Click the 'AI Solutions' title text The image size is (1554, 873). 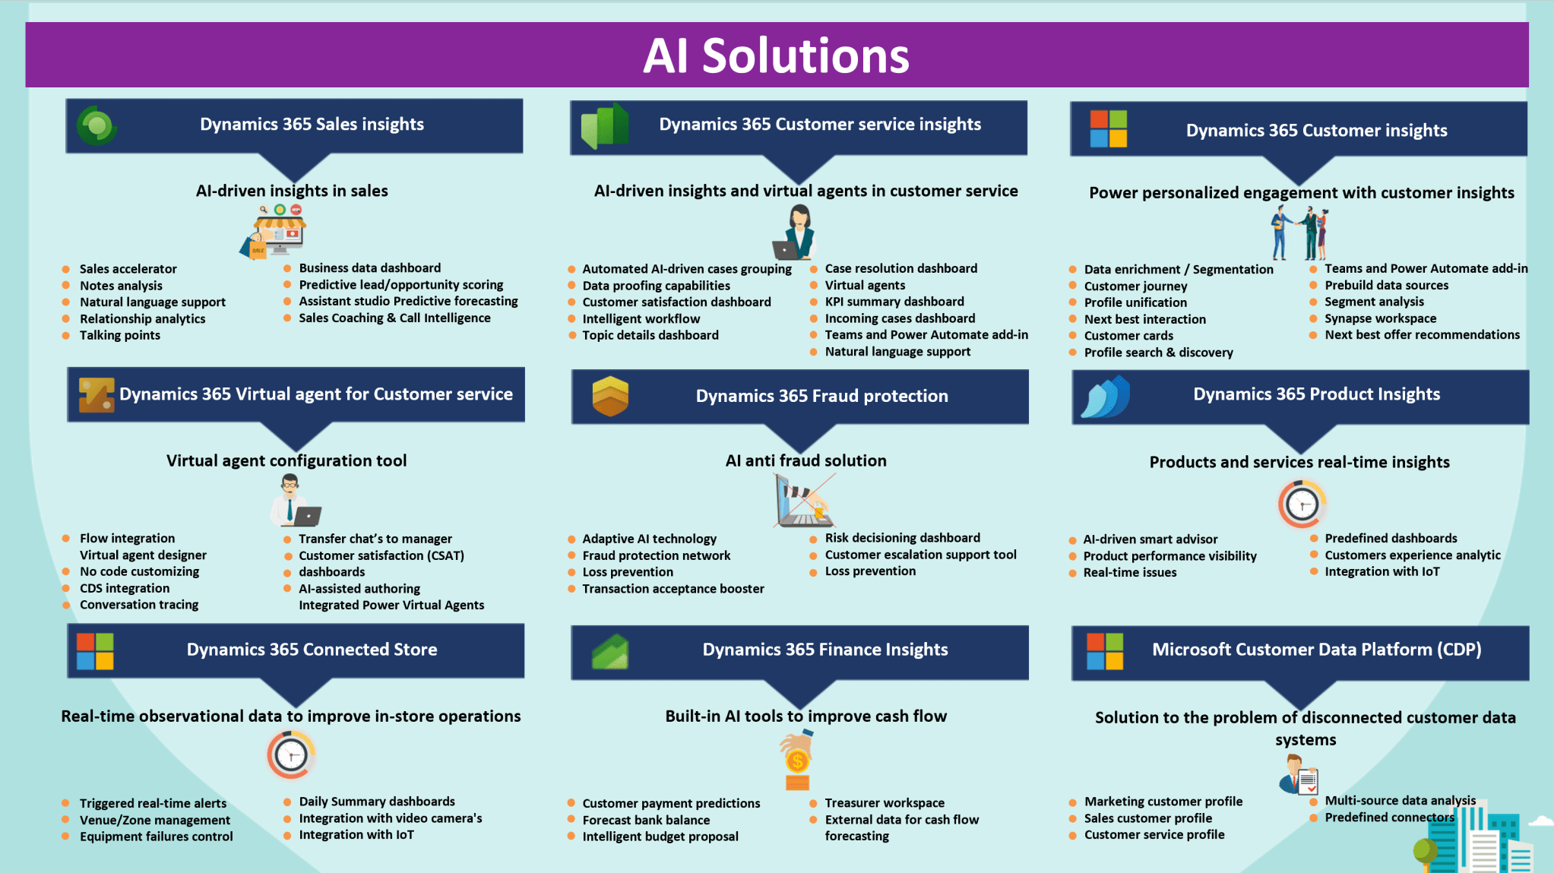(x=776, y=56)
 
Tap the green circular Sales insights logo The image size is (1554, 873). (x=97, y=126)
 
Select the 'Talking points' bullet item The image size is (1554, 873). (x=120, y=335)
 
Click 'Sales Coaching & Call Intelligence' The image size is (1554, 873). (x=394, y=318)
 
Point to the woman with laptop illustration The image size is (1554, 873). (x=795, y=233)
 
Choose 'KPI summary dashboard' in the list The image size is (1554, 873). (x=894, y=302)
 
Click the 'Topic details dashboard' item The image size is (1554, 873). (x=650, y=335)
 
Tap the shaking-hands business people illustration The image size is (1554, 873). (x=1299, y=233)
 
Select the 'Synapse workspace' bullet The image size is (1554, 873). (x=1380, y=318)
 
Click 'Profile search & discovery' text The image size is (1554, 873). (x=1158, y=353)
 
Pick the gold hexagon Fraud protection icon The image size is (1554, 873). (x=610, y=396)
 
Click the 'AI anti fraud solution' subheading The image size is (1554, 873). (x=805, y=460)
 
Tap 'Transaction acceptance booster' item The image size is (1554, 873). (x=673, y=589)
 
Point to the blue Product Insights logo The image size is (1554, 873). (x=1106, y=397)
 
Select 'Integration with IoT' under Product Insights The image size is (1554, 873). (x=1382, y=571)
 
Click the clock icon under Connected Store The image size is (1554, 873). (x=291, y=754)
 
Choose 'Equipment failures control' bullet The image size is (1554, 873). (x=157, y=837)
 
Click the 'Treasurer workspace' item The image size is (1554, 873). (x=885, y=803)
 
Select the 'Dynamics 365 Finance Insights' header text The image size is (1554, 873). (x=824, y=650)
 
